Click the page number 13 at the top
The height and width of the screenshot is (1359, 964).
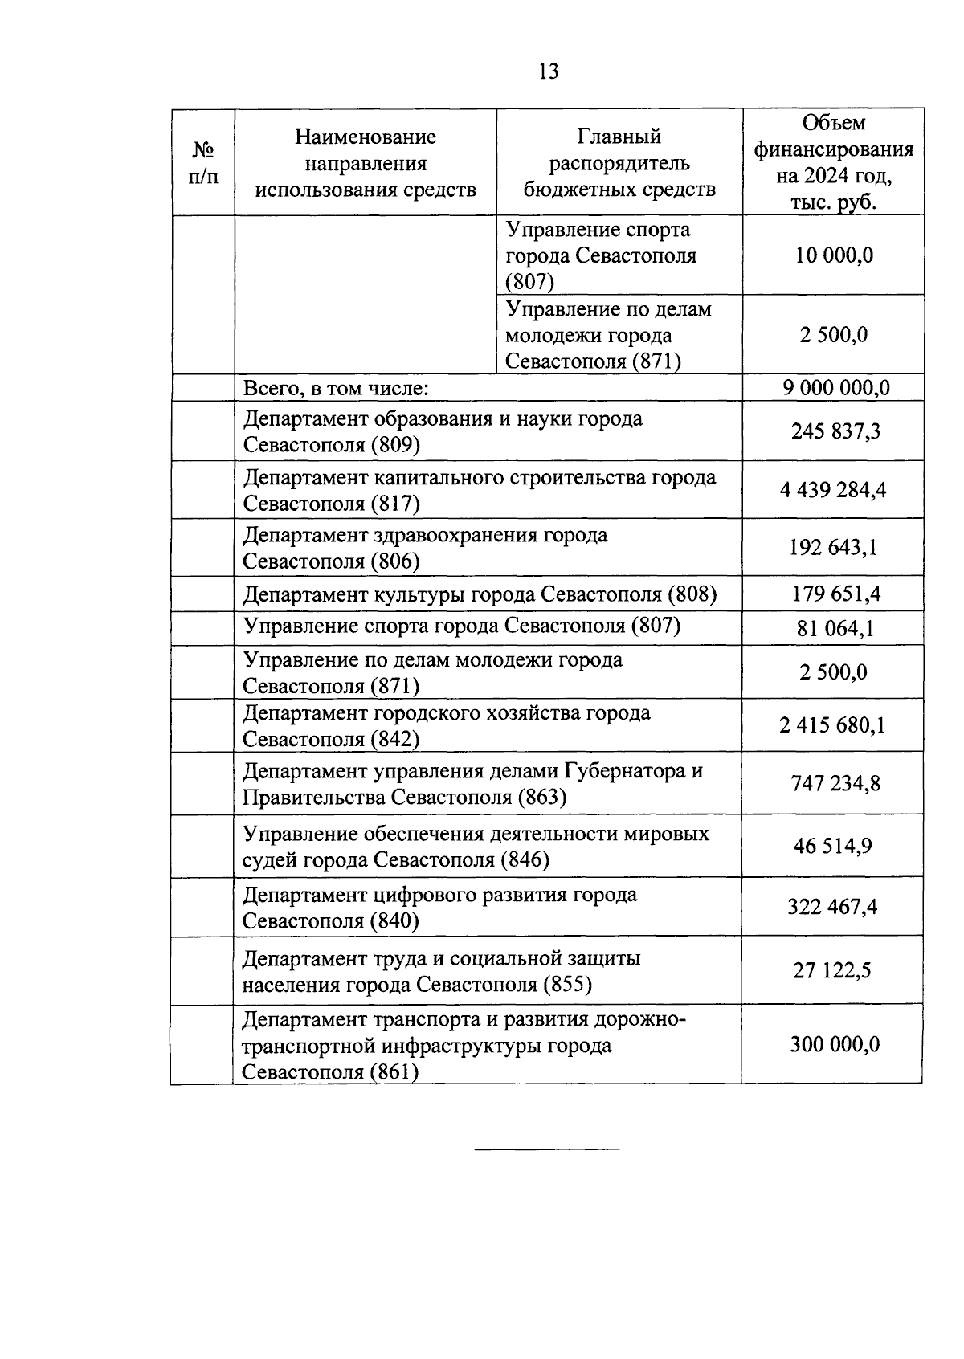[x=549, y=71]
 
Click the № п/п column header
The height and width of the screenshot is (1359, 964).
[x=203, y=163]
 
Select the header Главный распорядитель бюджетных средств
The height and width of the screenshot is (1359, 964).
[x=619, y=163]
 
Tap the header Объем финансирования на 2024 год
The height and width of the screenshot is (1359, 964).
[x=833, y=162]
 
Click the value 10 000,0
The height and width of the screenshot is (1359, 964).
[x=833, y=255]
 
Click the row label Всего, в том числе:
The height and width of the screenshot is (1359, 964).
[x=336, y=389]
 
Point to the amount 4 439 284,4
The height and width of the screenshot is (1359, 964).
[x=833, y=490]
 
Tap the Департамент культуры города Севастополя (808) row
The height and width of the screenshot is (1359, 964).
[x=480, y=594]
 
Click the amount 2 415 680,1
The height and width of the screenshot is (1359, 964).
[x=832, y=726]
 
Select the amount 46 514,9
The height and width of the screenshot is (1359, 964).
[x=833, y=846]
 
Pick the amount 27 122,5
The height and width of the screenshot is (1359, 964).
[x=833, y=971]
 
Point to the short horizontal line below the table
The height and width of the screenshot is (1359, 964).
[x=547, y=1149]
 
